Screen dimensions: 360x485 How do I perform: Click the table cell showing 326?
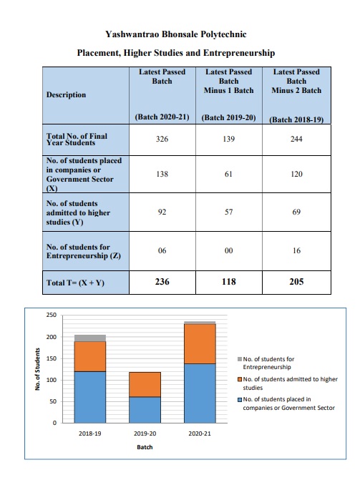point(162,139)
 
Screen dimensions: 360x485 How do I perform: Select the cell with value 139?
point(228,139)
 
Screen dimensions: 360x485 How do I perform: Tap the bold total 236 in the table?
point(162,282)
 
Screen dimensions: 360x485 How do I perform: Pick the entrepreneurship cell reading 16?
point(296,250)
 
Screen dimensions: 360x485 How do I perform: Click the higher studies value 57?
point(228,212)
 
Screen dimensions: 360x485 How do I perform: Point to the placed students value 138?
point(162,174)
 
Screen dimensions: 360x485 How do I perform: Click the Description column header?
point(67,94)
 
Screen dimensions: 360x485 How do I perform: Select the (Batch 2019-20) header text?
point(228,118)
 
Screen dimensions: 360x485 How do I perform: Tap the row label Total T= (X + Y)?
point(75,283)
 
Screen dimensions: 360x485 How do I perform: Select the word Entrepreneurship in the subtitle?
point(239,53)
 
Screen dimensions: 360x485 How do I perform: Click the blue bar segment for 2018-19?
point(90,397)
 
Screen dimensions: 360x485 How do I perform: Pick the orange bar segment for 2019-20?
point(145,384)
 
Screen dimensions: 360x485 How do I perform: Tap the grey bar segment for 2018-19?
point(90,338)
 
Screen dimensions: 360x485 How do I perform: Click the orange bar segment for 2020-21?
point(200,344)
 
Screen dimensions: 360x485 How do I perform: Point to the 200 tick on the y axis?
point(52,337)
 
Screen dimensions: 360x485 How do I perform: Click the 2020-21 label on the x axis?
point(200,433)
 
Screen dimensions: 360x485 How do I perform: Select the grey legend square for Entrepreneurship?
point(240,359)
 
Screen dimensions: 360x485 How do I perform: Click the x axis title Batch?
point(145,447)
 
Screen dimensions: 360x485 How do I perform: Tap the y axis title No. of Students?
point(38,369)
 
